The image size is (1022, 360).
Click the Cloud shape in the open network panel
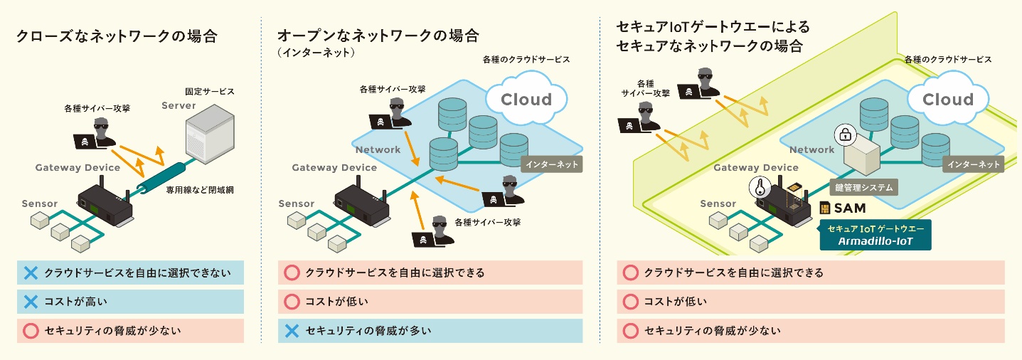pyautogui.click(x=526, y=99)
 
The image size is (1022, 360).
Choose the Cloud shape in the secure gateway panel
pyautogui.click(x=947, y=100)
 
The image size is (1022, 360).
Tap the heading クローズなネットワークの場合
pyautogui.click(x=117, y=36)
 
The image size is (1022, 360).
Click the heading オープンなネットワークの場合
pyautogui.click(x=378, y=36)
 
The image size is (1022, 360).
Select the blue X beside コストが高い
pyautogui.click(x=31, y=302)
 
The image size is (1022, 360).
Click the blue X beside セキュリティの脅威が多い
pyautogui.click(x=291, y=330)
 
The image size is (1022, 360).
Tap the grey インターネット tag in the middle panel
pyautogui.click(x=552, y=164)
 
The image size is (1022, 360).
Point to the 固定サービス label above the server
pyautogui.click(x=210, y=92)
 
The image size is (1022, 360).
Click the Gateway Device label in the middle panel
pyautogui.click(x=334, y=168)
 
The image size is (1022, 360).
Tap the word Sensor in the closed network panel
pyautogui.click(x=40, y=204)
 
